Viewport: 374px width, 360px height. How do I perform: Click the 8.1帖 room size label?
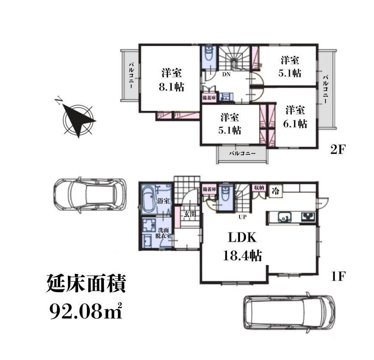coord(171,87)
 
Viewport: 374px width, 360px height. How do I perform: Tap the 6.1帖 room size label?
coord(295,124)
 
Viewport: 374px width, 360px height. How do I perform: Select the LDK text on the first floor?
coord(242,238)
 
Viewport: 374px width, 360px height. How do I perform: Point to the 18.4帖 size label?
coord(242,256)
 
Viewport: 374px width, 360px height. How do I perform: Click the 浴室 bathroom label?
coord(163,201)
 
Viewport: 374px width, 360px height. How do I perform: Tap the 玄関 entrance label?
coord(190,214)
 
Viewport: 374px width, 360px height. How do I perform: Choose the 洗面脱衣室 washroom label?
coord(163,233)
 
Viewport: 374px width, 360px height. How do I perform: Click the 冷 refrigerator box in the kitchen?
coord(276,191)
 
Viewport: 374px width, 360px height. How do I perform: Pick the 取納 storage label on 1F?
coord(259,188)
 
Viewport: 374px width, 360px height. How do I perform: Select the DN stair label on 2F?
coord(226,74)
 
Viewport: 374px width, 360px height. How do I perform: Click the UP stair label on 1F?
coord(243,217)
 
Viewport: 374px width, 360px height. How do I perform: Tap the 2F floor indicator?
coord(337,150)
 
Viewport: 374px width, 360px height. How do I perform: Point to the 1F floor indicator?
coord(338,276)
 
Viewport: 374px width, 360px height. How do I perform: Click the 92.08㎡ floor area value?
coord(86,312)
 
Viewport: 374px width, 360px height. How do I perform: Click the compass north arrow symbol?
coord(78,119)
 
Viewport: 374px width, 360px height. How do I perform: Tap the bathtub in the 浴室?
coord(148,200)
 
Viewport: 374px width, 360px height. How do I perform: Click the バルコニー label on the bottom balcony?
coord(243,153)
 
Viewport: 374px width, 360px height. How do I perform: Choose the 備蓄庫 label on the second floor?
coord(209,98)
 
